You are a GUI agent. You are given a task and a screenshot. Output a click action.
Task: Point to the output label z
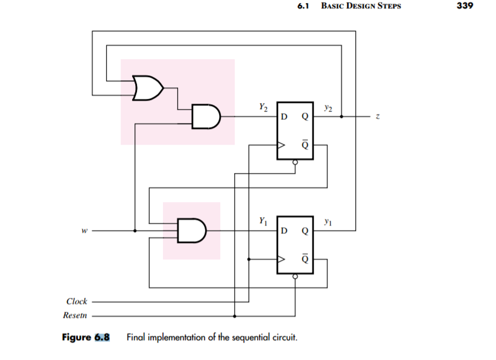coord(378,117)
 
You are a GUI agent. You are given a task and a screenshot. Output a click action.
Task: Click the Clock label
coord(77,301)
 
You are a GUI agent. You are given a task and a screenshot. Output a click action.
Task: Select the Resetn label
coord(75,315)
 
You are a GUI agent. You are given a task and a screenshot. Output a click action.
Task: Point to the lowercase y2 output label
coord(327,109)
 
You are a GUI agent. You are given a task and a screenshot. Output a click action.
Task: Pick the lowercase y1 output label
coord(327,222)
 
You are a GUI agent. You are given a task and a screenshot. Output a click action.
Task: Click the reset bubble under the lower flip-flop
coord(295,277)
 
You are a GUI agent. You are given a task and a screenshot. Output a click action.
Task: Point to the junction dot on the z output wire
coord(342,117)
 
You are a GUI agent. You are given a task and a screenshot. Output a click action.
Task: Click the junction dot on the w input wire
coord(135,230)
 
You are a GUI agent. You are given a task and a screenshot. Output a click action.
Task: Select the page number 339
coord(466,7)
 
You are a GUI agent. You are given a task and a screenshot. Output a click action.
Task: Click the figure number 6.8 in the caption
coord(102,336)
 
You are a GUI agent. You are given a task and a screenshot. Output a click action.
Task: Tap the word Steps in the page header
coord(386,7)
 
